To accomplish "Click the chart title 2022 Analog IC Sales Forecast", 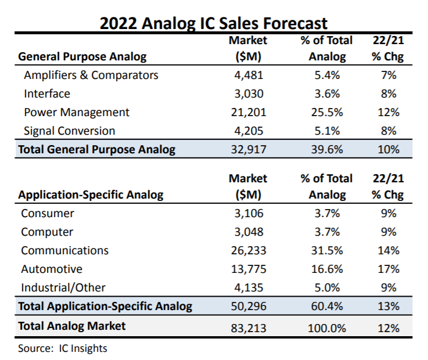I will pyautogui.click(x=214, y=23).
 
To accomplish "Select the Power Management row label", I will pyautogui.click(x=77, y=112).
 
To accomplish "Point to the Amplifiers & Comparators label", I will pyautogui.click(x=91, y=75).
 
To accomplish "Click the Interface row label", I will pyautogui.click(x=47, y=93).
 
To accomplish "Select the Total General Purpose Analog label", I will pyautogui.click(x=96, y=149).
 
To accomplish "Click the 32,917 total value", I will pyautogui.click(x=248, y=149).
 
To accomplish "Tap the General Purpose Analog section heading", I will pyautogui.click(x=82, y=56).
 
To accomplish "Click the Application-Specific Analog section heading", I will pyautogui.click(x=91, y=195).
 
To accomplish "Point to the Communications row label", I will pyautogui.click(x=65, y=250).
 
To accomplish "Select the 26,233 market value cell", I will pyautogui.click(x=248, y=250).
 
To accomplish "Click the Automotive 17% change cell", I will pyautogui.click(x=388, y=269).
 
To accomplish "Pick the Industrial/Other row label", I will pyautogui.click(x=63, y=287).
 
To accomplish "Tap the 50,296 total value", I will pyautogui.click(x=248, y=306).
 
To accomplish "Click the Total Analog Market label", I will pyautogui.click(x=71, y=326).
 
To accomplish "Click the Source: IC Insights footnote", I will pyautogui.click(x=63, y=348).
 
